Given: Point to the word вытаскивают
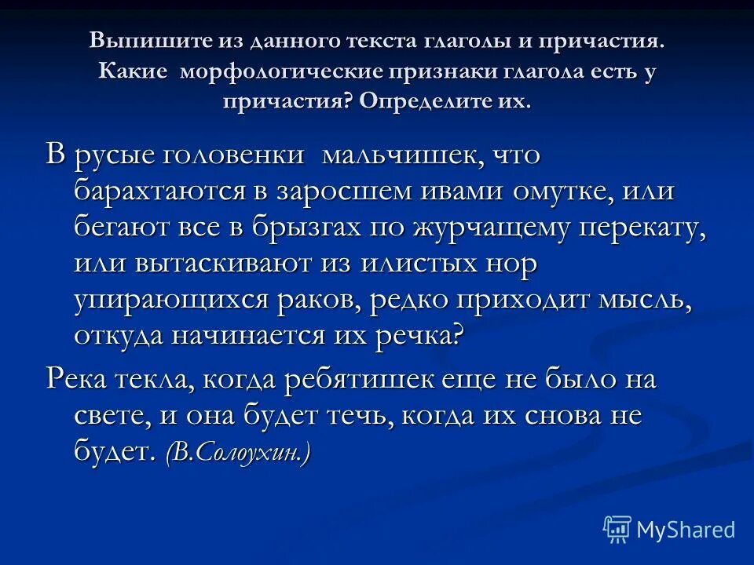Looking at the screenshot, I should point(228,263).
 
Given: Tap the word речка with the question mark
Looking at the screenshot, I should point(424,335).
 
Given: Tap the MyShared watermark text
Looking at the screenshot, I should point(686,530).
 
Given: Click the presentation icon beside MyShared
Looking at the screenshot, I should point(617,528).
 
